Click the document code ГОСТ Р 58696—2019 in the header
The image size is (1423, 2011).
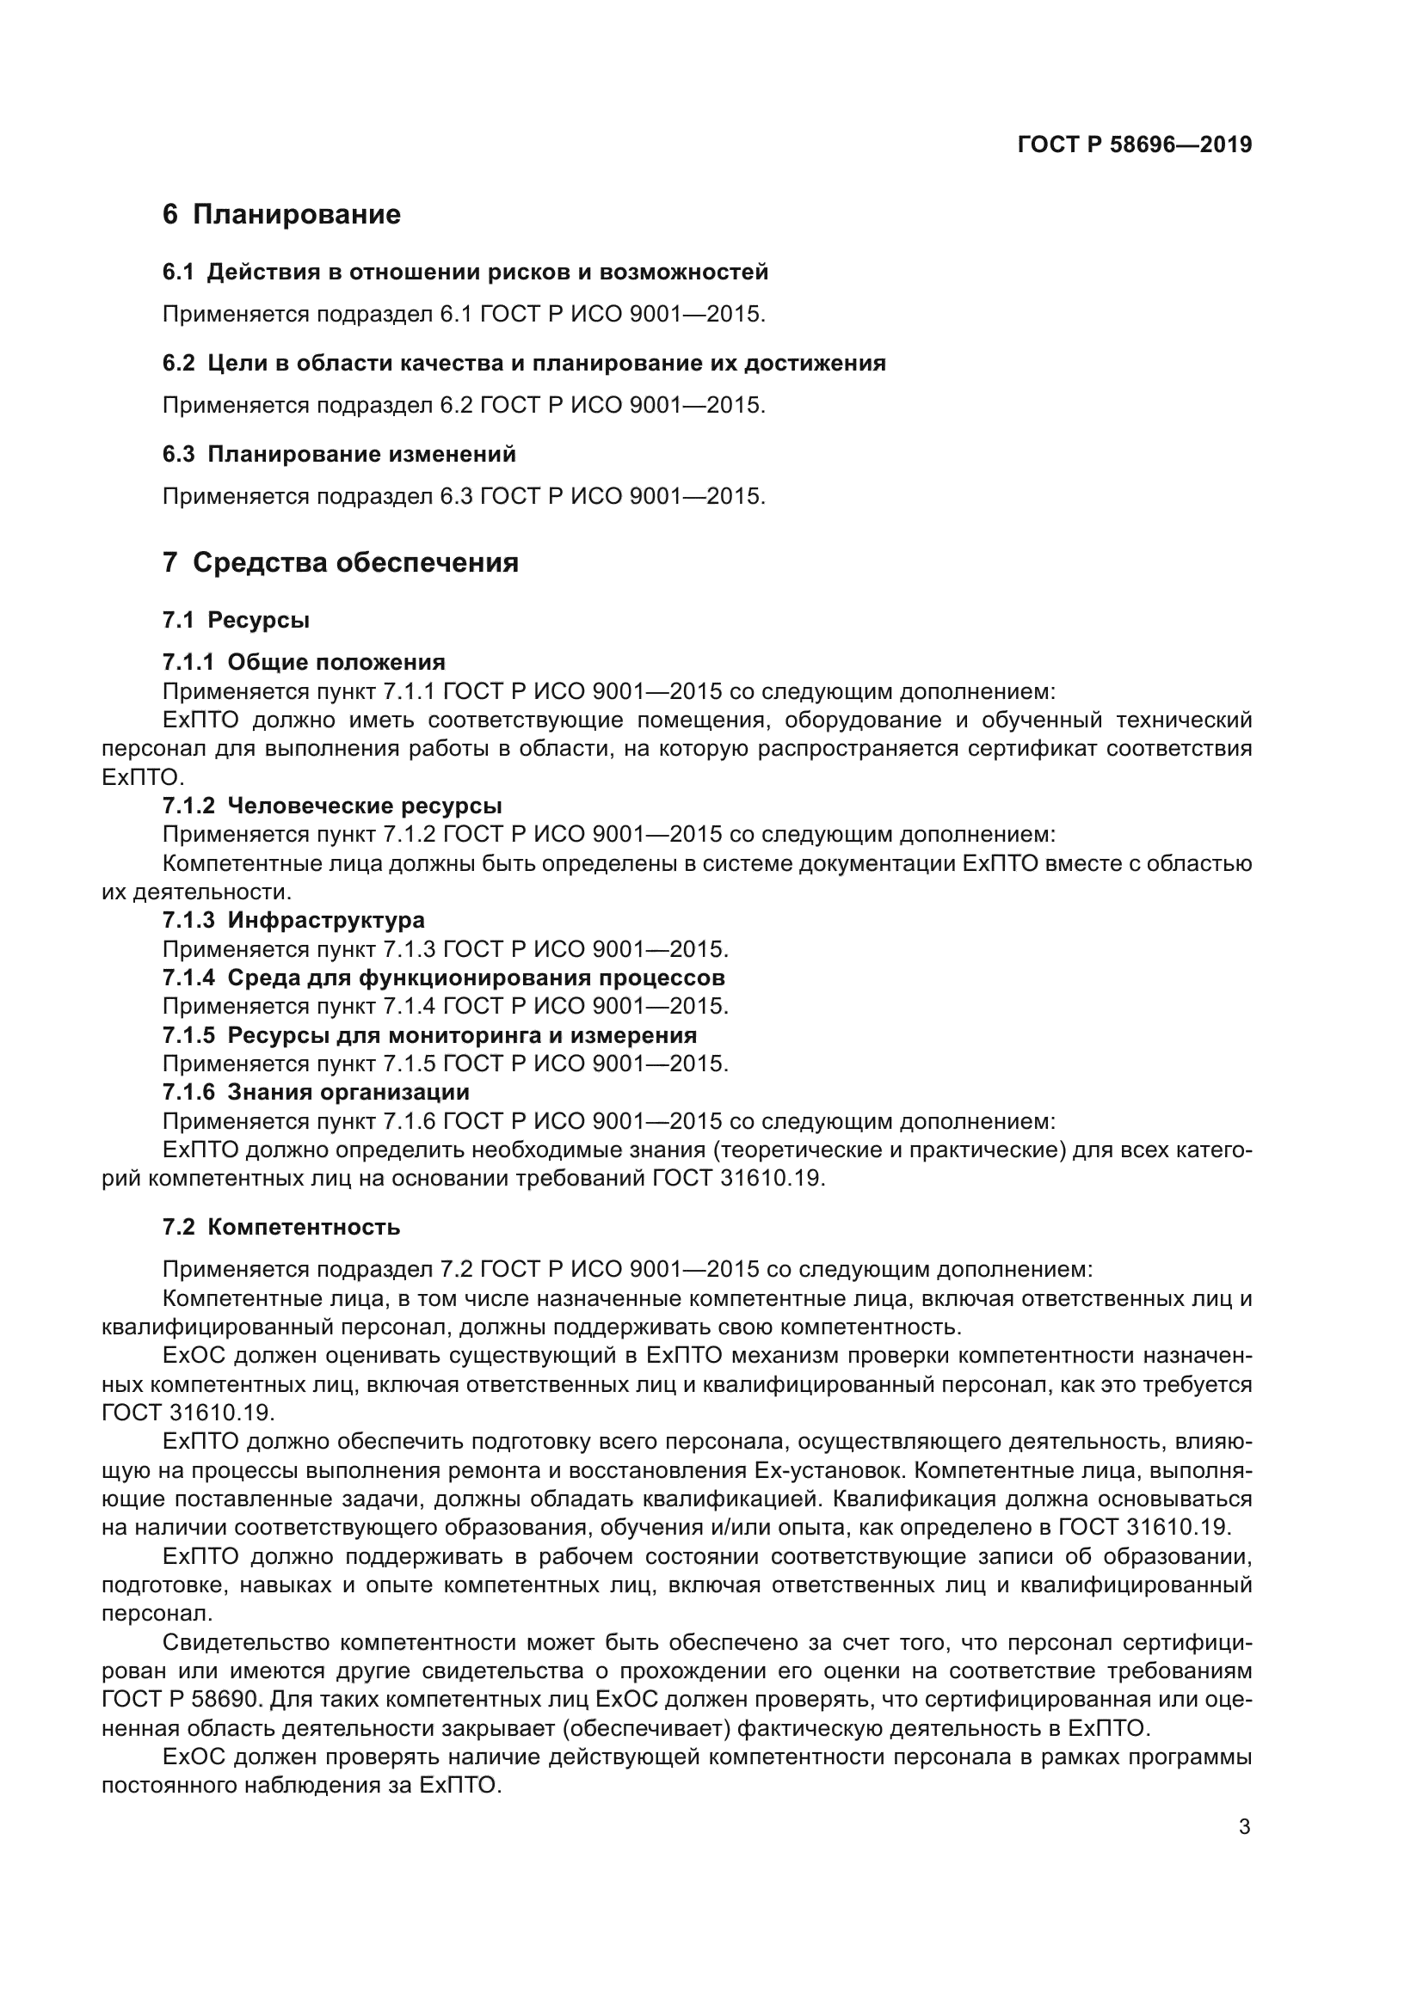[x=1135, y=145]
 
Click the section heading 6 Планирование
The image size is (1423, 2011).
[x=281, y=215]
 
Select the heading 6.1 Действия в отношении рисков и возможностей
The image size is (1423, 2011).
[x=465, y=273]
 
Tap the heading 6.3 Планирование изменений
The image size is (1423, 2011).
[x=339, y=455]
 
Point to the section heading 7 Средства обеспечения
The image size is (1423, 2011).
[x=340, y=562]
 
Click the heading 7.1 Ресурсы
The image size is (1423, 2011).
[x=236, y=620]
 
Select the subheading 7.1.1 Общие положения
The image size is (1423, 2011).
[x=303, y=662]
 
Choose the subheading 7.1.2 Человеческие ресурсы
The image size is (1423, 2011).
[x=332, y=806]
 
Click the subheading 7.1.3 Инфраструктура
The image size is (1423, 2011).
[x=293, y=921]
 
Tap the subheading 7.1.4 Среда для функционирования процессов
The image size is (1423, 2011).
[x=443, y=978]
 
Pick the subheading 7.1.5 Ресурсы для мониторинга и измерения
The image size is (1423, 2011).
[x=429, y=1035]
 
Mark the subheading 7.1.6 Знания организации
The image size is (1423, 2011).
[x=316, y=1092]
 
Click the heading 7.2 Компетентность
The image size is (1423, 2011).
[x=281, y=1227]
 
